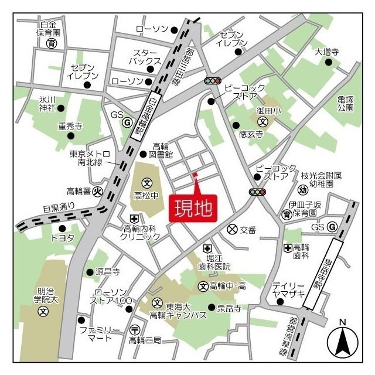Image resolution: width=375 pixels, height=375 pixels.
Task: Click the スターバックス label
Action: click(x=146, y=57)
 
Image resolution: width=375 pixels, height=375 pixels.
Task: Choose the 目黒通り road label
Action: click(x=59, y=206)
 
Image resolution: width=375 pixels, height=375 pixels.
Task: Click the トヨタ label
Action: click(x=62, y=238)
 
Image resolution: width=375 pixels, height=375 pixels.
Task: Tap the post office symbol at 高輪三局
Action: click(x=135, y=329)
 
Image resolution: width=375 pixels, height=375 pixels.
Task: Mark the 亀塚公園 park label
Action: click(x=346, y=104)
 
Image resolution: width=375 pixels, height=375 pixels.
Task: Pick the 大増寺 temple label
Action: click(x=326, y=52)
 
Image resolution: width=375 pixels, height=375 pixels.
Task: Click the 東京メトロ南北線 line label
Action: click(x=90, y=158)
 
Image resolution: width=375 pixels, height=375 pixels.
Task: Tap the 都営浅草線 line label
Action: click(x=291, y=336)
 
